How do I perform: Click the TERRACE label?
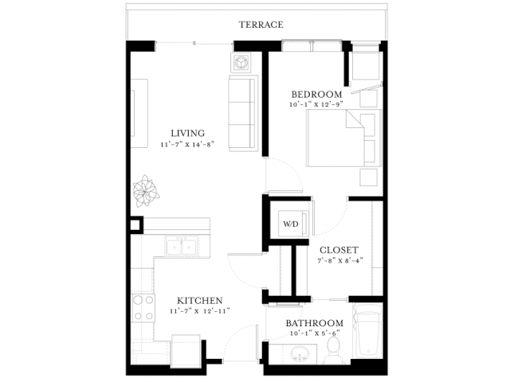click(x=261, y=25)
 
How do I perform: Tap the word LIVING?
click(x=188, y=133)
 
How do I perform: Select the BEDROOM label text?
click(x=316, y=95)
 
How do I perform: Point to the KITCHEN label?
click(x=200, y=301)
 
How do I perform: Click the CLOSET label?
click(x=339, y=250)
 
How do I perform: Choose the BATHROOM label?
click(x=315, y=323)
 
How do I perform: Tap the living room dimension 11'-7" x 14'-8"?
click(x=188, y=145)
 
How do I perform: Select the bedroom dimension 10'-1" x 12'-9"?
click(x=316, y=104)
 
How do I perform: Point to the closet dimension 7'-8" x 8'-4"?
click(x=340, y=260)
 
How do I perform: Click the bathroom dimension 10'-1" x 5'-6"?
click(x=315, y=333)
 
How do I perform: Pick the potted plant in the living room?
click(x=146, y=191)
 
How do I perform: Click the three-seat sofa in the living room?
click(x=243, y=113)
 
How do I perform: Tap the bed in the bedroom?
click(x=343, y=138)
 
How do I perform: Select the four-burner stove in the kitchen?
click(x=143, y=308)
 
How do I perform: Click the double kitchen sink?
click(x=181, y=247)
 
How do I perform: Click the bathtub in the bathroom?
click(x=367, y=330)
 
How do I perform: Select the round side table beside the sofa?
click(x=241, y=62)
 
